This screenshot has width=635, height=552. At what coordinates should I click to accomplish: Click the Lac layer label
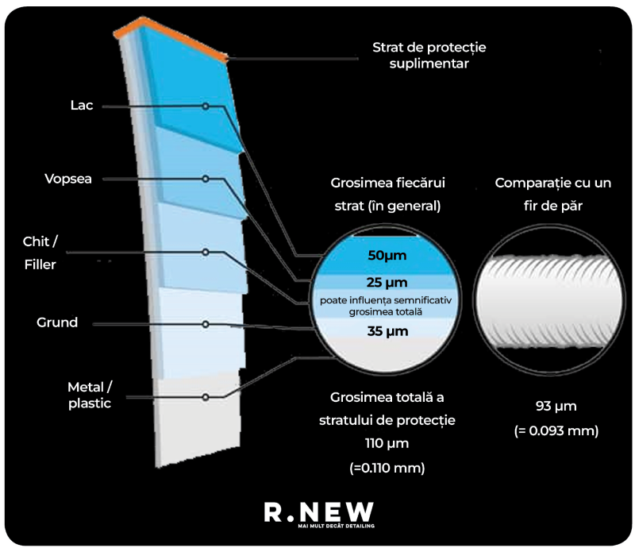pyautogui.click(x=82, y=106)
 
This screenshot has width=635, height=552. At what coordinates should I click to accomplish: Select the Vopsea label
pyautogui.click(x=68, y=179)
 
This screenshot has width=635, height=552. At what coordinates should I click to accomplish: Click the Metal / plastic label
pyautogui.click(x=90, y=395)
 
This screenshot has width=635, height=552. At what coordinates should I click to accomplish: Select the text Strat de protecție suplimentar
pyautogui.click(x=429, y=56)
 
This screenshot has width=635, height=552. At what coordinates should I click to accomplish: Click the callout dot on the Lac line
pyautogui.click(x=206, y=106)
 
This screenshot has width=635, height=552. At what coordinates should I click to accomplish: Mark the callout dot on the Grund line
pyautogui.click(x=206, y=324)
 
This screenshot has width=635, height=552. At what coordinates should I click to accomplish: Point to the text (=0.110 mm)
pyautogui.click(x=387, y=468)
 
